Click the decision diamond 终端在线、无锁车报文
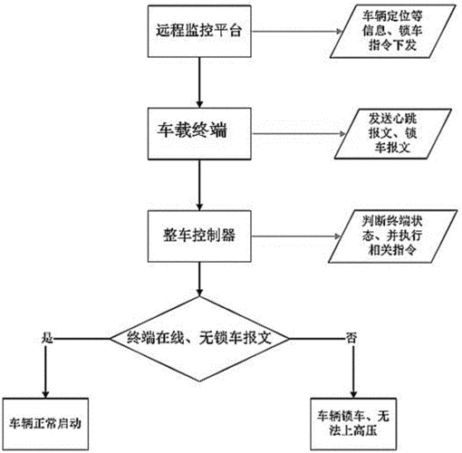198,337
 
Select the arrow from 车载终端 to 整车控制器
197,186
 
